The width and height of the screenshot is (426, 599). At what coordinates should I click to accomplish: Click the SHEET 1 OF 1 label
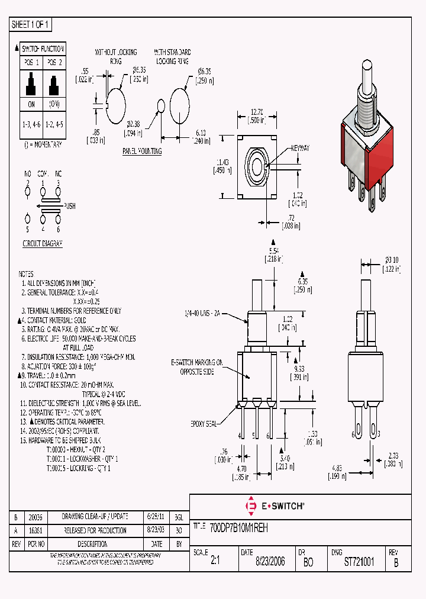(x=31, y=25)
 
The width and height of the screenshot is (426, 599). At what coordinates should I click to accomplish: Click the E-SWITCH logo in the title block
(x=275, y=505)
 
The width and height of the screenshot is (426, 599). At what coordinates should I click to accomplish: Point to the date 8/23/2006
(x=270, y=562)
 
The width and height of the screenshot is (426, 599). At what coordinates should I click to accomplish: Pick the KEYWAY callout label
(x=301, y=149)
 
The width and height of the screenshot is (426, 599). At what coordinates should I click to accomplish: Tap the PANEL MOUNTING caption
(x=142, y=152)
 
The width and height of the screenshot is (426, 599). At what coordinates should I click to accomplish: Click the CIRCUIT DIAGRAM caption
(x=43, y=243)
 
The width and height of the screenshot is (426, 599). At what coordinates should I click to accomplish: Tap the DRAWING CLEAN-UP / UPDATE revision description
(x=95, y=517)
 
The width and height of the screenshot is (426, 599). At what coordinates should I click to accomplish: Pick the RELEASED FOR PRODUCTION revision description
(x=95, y=530)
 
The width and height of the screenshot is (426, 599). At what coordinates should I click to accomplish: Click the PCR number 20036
(x=36, y=517)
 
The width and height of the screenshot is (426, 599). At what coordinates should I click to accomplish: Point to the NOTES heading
(x=26, y=274)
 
